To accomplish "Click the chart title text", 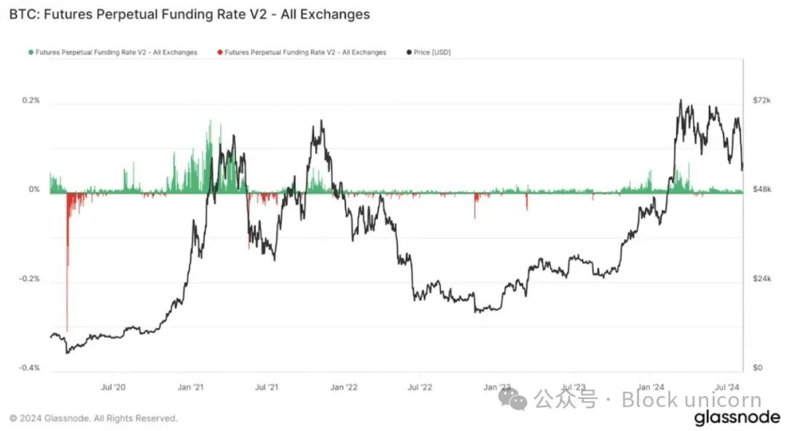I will tap(189, 14).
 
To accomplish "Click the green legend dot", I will tap(30, 52).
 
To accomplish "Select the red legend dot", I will tap(219, 52).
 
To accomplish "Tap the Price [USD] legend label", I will tap(432, 52).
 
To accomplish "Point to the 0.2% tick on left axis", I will tap(30, 100).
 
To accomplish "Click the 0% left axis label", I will tap(34, 189).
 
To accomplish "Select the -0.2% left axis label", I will tap(28, 279).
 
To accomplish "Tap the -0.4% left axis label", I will tap(28, 368).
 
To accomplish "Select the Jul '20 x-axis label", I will tap(112, 387).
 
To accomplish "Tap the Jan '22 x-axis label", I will tap(342, 387).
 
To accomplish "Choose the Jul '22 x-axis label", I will tap(419, 387).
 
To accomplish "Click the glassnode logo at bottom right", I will tap(736, 419).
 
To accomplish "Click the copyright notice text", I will tap(93, 419).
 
